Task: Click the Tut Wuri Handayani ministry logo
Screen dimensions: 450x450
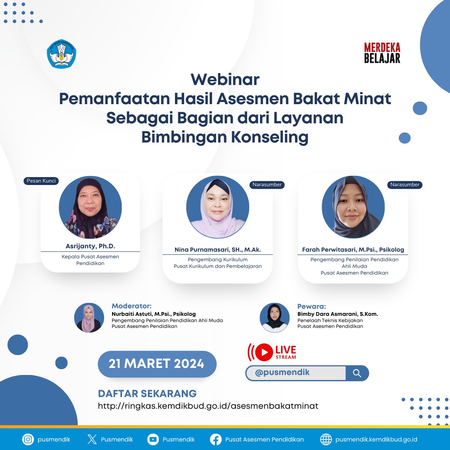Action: click(62, 54)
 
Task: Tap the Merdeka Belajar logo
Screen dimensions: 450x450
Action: click(382, 53)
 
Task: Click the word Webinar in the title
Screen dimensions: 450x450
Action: click(225, 79)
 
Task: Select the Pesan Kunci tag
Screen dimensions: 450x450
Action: click(41, 181)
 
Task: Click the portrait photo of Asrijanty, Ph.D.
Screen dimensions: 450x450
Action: click(90, 207)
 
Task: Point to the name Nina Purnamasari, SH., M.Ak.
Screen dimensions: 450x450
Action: click(217, 250)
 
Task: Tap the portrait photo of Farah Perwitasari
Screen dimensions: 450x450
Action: click(353, 207)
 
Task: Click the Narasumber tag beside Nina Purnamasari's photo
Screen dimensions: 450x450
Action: click(267, 185)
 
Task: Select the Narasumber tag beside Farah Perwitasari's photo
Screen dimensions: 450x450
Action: click(405, 185)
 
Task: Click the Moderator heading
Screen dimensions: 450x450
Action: click(132, 306)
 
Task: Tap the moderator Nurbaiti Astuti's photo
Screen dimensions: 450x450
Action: click(89, 317)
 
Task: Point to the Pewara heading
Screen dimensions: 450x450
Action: click(312, 306)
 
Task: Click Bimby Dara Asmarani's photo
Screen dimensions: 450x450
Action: click(275, 317)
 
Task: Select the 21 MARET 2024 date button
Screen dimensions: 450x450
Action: click(157, 364)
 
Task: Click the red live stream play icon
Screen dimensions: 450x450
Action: click(263, 352)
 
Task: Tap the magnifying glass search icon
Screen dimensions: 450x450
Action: click(357, 373)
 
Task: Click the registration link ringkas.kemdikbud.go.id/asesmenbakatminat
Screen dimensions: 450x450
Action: click(208, 406)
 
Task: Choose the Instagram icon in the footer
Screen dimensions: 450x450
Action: click(28, 439)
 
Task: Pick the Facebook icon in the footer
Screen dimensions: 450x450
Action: click(216, 439)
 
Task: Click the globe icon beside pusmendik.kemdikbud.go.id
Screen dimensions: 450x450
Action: click(326, 439)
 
